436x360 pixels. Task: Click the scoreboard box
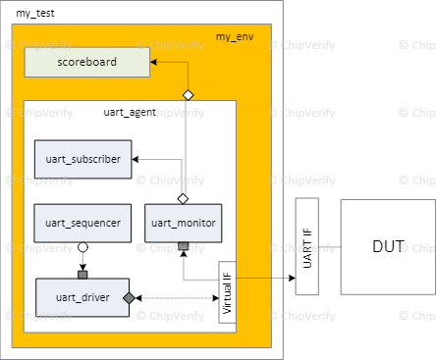(87, 62)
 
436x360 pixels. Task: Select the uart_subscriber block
(82, 159)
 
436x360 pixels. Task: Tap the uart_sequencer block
(82, 223)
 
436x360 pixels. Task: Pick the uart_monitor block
(183, 223)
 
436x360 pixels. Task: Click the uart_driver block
(82, 297)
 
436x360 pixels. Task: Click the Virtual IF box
(227, 292)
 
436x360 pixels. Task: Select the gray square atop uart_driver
(83, 274)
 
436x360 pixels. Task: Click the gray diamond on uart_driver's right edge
(129, 297)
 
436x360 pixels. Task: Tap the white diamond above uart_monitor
(183, 198)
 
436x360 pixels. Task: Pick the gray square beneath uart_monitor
(183, 245)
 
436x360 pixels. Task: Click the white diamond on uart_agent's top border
(188, 95)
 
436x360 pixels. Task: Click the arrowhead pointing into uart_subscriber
(136, 159)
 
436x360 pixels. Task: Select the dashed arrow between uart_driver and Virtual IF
(177, 297)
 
